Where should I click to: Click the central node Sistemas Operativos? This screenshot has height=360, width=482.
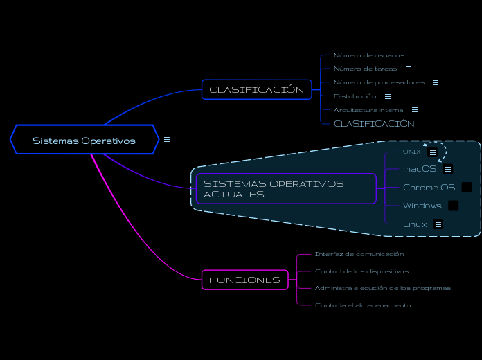click(x=84, y=141)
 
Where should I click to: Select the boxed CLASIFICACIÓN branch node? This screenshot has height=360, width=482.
click(x=256, y=90)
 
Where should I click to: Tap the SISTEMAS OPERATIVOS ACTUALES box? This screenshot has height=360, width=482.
click(x=285, y=189)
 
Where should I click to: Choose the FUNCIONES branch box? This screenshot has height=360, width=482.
click(x=244, y=280)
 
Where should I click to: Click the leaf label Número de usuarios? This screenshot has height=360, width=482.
click(x=368, y=55)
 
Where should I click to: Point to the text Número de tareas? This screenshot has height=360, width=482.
click(x=365, y=69)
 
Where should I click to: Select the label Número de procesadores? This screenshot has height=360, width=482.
click(x=379, y=82)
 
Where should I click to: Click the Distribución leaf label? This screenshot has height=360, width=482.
click(x=355, y=96)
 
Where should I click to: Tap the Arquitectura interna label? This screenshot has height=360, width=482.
click(x=368, y=110)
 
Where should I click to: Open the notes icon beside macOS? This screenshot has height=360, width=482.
click(x=448, y=169)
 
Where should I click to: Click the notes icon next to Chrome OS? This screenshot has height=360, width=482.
click(x=466, y=188)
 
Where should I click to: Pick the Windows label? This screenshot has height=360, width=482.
click(x=422, y=206)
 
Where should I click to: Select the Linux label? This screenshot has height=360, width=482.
click(x=415, y=224)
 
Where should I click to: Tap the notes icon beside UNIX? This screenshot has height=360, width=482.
click(x=432, y=152)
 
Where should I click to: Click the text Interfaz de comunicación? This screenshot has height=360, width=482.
click(x=359, y=254)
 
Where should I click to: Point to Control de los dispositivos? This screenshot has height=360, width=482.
click(x=361, y=271)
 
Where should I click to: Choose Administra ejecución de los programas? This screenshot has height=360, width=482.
click(x=382, y=288)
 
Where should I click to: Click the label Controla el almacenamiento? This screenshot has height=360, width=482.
click(x=362, y=305)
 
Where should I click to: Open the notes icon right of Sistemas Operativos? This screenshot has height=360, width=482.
click(x=166, y=140)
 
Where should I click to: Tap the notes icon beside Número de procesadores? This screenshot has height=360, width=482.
click(x=435, y=82)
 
